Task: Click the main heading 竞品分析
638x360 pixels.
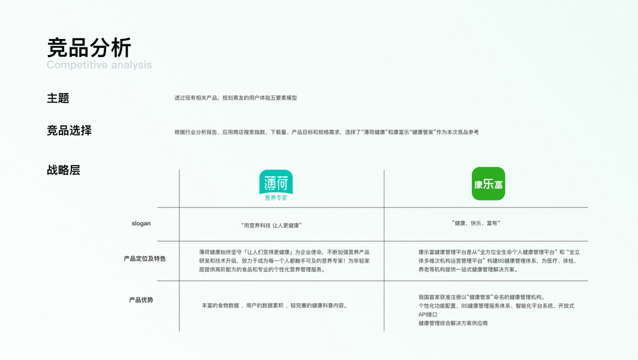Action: (x=89, y=47)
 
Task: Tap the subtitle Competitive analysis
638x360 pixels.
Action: (x=100, y=65)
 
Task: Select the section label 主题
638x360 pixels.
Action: (x=58, y=98)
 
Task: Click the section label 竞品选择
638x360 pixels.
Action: (x=69, y=131)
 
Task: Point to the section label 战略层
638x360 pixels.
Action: (x=63, y=170)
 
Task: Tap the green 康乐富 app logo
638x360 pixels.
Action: (x=488, y=184)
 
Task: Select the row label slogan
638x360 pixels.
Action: (x=141, y=224)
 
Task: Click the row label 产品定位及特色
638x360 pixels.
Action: (x=145, y=259)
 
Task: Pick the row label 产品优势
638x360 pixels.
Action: (x=141, y=299)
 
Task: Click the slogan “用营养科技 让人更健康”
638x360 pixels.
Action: (x=271, y=225)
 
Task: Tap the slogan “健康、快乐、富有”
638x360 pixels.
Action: (x=476, y=223)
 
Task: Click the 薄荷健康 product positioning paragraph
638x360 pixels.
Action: (x=284, y=260)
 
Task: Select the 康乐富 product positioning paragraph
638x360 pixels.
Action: (x=499, y=260)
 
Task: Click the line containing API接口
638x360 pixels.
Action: (x=428, y=314)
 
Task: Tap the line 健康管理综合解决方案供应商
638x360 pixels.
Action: (x=453, y=323)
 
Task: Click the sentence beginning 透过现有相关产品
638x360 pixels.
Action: (x=236, y=98)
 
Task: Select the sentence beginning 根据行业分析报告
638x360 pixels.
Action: (x=326, y=132)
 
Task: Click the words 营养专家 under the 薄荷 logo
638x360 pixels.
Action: (x=276, y=197)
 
